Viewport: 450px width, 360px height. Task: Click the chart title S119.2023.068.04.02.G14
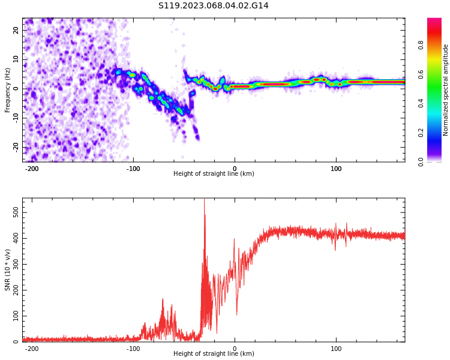click(214, 5)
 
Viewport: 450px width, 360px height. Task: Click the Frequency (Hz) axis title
click(8, 89)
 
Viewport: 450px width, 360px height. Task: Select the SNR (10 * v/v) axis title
click(8, 269)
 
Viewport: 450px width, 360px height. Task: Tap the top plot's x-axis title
click(214, 174)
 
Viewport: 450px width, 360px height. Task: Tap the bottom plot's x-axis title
click(214, 354)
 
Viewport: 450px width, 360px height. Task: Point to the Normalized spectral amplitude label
click(446, 89)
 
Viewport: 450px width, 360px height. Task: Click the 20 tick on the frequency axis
click(16, 30)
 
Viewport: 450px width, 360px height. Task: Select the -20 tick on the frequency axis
click(15, 147)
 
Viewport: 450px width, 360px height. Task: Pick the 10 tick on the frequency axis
click(16, 59)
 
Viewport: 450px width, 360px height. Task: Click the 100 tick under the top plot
click(336, 169)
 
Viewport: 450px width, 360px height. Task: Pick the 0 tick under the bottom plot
click(235, 349)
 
